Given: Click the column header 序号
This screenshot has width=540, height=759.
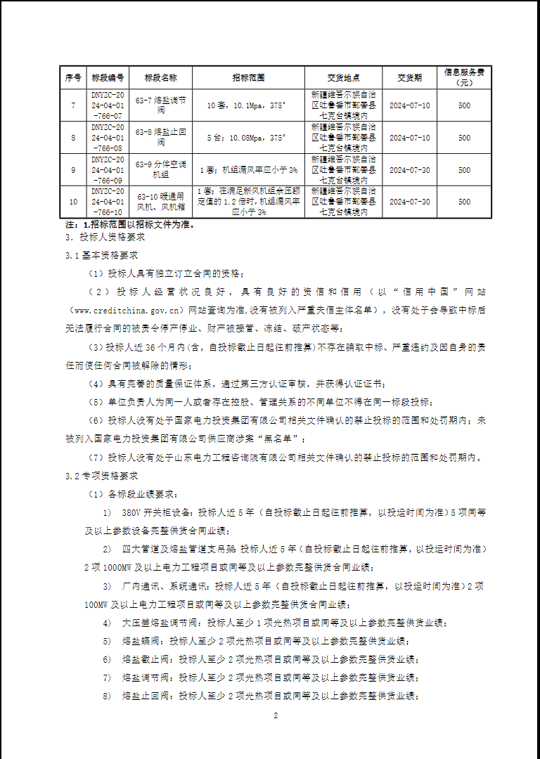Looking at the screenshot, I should coord(73,77).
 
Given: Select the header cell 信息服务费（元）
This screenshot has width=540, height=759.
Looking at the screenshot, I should coord(464,77).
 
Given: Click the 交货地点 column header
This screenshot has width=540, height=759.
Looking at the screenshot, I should coord(343,77).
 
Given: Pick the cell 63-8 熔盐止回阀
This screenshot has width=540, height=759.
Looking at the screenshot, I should coord(161,137).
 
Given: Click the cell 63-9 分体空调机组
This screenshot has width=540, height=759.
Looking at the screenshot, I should coord(161,169).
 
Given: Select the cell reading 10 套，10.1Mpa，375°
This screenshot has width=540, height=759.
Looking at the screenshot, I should coord(247,105).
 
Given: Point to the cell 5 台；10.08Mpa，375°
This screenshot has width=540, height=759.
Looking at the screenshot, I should coord(247,137).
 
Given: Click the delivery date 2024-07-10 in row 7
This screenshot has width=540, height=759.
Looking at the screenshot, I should coord(409,105).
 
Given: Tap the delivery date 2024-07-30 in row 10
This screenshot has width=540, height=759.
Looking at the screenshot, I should coord(409,202).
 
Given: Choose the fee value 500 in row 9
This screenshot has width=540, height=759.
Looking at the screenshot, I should coord(464,169).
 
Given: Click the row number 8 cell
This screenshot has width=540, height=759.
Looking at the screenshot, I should coord(73,137).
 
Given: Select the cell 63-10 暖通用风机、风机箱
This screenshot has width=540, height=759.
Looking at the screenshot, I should coord(161,202).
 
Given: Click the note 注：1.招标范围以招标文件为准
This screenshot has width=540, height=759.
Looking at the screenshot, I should coord(129,225).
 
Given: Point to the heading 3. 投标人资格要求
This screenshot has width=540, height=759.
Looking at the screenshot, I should coord(105,238).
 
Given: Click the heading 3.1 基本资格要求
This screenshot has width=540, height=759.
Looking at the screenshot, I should coord(101,256).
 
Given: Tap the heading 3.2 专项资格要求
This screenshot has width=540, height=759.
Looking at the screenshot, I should coord(101,476).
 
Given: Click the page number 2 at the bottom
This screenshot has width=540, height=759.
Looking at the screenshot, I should coord(276,715).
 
